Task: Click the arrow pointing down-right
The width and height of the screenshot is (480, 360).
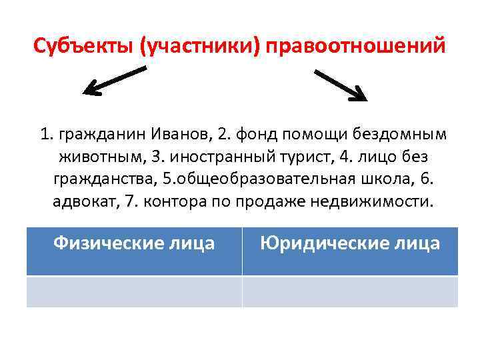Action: coord(339,83)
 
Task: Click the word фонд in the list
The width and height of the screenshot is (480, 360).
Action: coord(255,135)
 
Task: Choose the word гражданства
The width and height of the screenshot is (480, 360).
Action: coord(97,179)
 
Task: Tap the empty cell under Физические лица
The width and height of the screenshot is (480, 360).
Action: coord(134,292)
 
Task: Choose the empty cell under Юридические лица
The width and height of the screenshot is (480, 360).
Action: coord(350,292)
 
